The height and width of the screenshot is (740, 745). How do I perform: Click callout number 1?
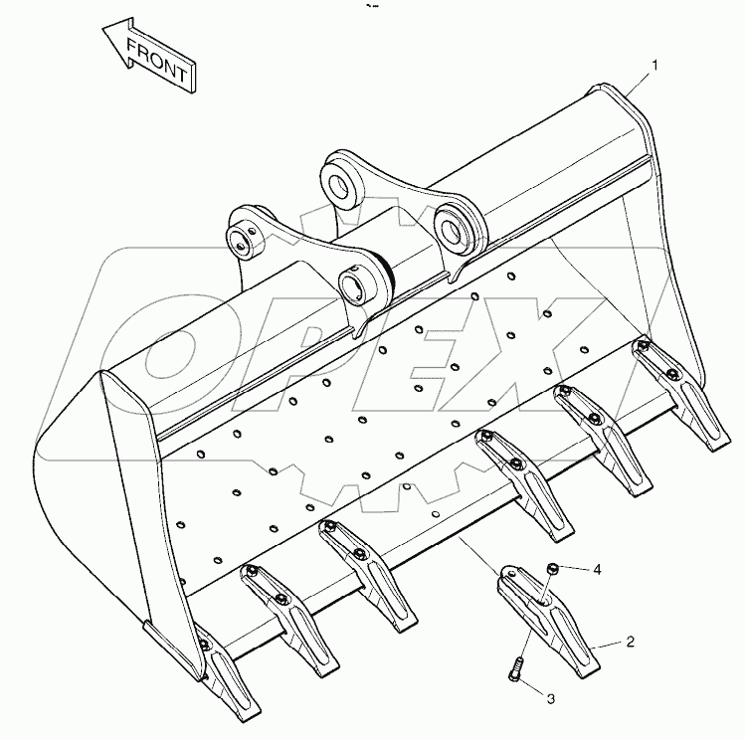[655, 66]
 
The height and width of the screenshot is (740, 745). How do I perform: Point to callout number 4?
[598, 570]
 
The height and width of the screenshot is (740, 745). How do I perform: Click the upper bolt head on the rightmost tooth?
[646, 345]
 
